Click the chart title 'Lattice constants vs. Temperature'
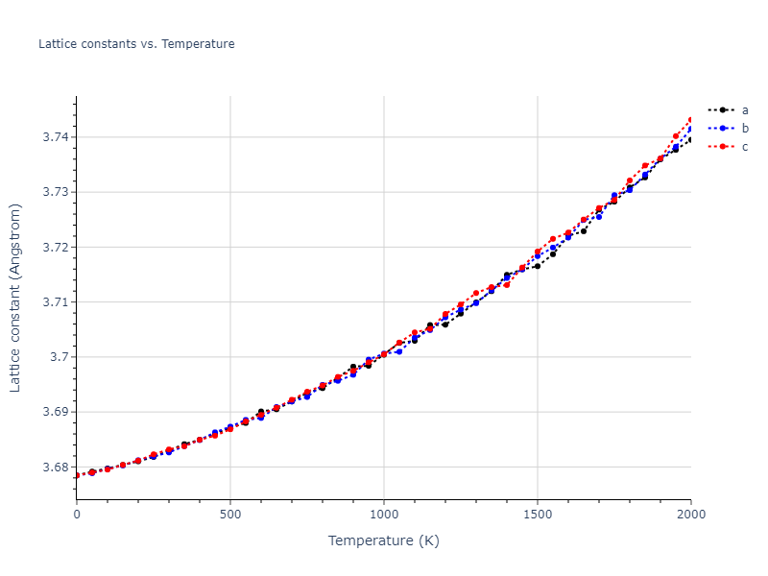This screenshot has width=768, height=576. coord(136,44)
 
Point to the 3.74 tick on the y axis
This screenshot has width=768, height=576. coord(55,137)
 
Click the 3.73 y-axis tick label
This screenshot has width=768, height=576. coord(55,192)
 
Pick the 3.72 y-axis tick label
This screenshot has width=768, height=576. coord(55,248)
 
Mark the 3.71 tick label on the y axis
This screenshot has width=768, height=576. coord(55,302)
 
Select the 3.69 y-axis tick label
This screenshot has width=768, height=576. coord(55,412)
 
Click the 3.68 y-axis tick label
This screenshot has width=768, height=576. coord(55,468)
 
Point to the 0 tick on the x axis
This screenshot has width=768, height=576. coord(77,515)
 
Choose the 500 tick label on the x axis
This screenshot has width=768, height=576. coord(230,515)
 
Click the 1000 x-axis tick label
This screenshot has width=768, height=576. coord(384,515)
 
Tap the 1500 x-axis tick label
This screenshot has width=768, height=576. coord(538,515)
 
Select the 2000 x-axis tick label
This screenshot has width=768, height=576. coord(690,515)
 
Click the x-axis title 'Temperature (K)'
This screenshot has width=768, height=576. coord(384,541)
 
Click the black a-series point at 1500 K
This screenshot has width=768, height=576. coord(538,266)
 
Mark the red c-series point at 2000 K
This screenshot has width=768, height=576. coord(690,120)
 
